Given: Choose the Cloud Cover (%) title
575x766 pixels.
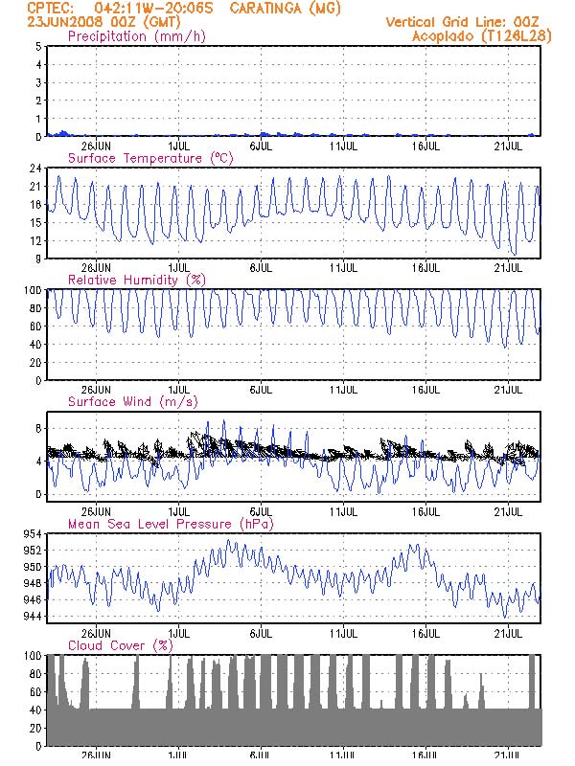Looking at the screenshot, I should coord(120,646).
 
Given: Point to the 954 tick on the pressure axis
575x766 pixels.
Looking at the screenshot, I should coord(32,533).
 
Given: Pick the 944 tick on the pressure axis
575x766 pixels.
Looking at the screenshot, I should coord(32,616).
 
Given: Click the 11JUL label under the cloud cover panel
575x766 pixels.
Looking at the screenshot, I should coord(344,756).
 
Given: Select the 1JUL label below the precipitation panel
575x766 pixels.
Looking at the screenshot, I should coord(178,146).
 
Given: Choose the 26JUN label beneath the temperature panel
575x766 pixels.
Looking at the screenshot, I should coord(96,268).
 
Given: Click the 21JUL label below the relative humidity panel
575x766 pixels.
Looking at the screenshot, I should coord(508,391).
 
